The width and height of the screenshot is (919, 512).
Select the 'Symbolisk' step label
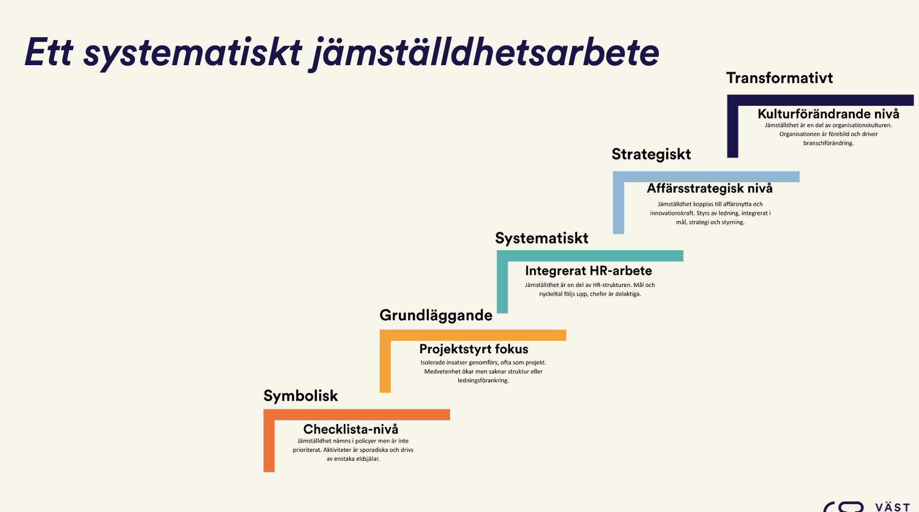(x=301, y=396)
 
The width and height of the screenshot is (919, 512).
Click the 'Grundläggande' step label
(x=436, y=315)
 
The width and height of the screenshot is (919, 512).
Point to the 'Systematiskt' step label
(x=541, y=238)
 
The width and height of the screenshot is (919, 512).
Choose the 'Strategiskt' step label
(x=651, y=154)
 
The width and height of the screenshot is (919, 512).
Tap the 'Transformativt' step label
(x=780, y=78)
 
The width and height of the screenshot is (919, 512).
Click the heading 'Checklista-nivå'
(x=351, y=429)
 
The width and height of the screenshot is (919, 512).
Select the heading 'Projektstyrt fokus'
(x=474, y=349)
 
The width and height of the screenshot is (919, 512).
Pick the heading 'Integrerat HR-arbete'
(x=588, y=271)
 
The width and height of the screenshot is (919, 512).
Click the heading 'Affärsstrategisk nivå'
(x=710, y=188)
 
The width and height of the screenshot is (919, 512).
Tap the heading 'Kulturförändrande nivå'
(x=828, y=114)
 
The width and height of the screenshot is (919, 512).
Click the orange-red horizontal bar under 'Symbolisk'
(x=356, y=415)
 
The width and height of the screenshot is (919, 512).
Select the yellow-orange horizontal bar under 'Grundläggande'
(x=473, y=335)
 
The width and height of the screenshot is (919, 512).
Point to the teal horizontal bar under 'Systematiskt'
(x=590, y=256)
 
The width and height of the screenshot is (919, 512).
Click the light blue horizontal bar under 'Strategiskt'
(x=706, y=177)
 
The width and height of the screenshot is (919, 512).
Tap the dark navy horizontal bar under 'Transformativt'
(x=820, y=100)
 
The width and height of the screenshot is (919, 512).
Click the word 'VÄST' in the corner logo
(x=893, y=508)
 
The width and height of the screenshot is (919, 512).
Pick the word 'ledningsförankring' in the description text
(x=483, y=381)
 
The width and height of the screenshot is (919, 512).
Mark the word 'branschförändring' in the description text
(x=828, y=143)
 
